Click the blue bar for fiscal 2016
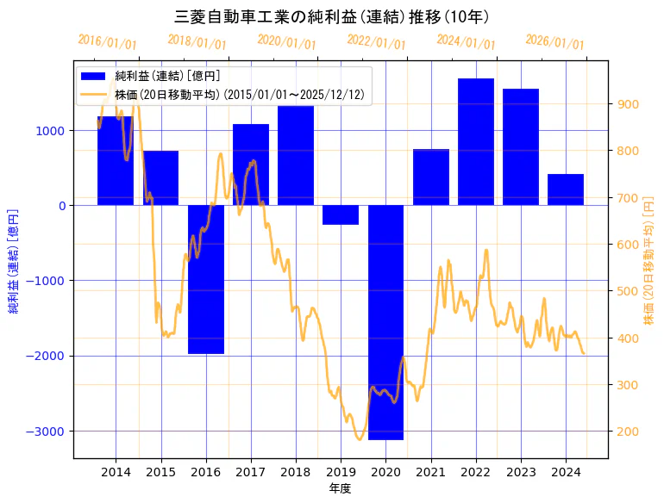point(206,279)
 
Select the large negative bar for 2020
point(385,322)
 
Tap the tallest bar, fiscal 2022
point(476,142)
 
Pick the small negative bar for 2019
point(341,214)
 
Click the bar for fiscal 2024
point(566,189)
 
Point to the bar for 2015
point(161,178)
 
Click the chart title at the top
point(332,17)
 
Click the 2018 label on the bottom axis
point(296,471)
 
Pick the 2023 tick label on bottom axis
point(521,471)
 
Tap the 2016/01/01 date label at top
point(107,41)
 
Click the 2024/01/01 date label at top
point(466,41)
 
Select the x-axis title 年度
point(340,488)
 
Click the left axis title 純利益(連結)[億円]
point(14,260)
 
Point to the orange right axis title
point(649,260)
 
